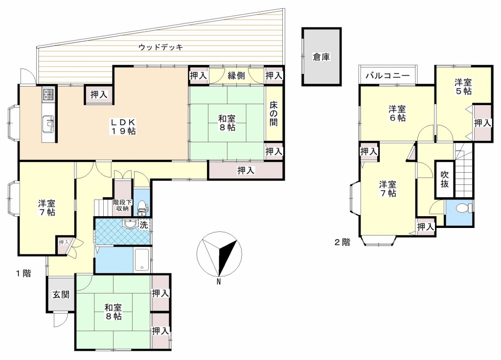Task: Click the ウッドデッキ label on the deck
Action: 160,47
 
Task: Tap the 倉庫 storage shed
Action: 321,57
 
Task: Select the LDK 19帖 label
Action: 123,127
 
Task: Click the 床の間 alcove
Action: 274,113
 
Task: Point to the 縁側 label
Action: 236,76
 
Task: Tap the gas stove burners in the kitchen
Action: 48,94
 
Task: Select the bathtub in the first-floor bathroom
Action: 142,259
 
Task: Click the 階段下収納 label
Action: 122,205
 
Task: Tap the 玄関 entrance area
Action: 61,294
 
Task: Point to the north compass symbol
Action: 219,254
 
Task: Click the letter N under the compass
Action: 219,282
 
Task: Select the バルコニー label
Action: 387,76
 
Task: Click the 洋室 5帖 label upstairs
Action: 463,87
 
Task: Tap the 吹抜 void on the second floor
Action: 444,179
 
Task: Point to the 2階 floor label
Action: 342,242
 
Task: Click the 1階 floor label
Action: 23,273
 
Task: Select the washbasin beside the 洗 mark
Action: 130,224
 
